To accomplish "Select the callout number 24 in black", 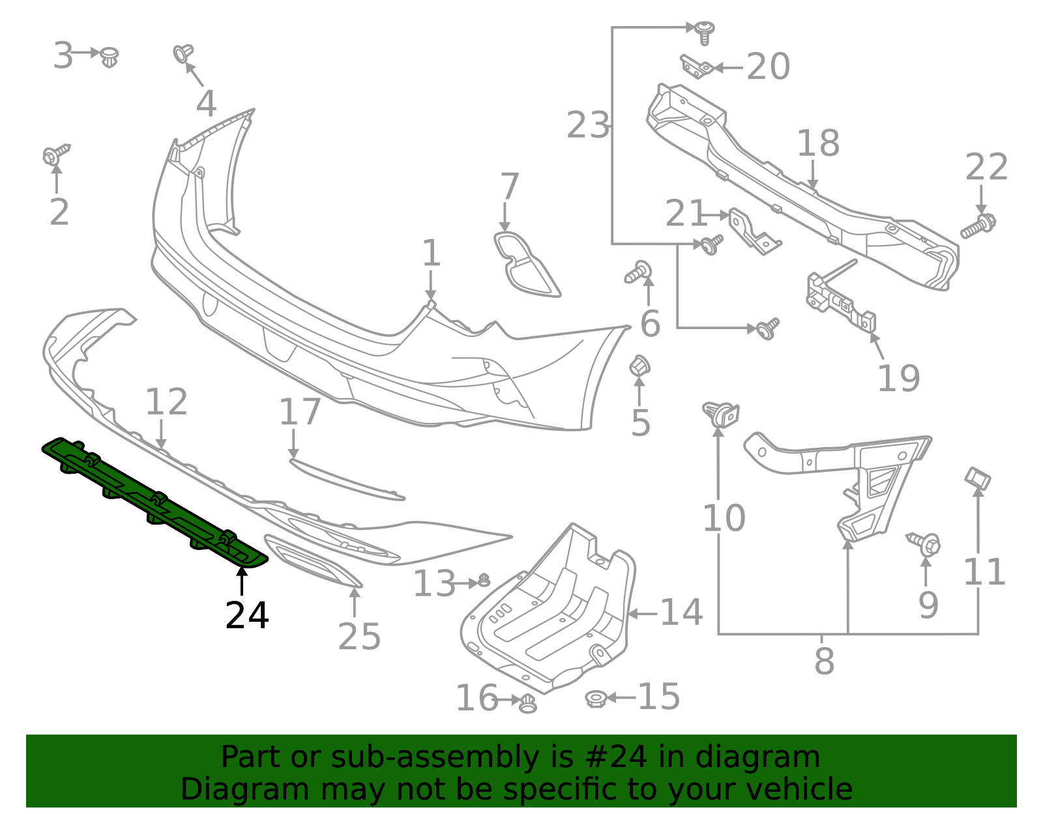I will pyautogui.click(x=246, y=616).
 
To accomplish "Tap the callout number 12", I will pyautogui.click(x=166, y=402).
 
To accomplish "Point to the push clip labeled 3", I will pyautogui.click(x=110, y=57).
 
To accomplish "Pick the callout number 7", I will pyautogui.click(x=509, y=187).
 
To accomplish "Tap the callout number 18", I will pyautogui.click(x=818, y=143).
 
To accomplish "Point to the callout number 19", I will pyautogui.click(x=898, y=379).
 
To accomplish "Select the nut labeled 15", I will pyautogui.click(x=596, y=699).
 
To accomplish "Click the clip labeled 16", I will pyautogui.click(x=527, y=703).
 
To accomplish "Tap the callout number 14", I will pyautogui.click(x=681, y=613).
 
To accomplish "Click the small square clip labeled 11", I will pyautogui.click(x=977, y=479).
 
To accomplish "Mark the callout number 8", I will pyautogui.click(x=824, y=661).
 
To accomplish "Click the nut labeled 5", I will pyautogui.click(x=639, y=366).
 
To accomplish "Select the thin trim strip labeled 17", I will pyautogui.click(x=345, y=480).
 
